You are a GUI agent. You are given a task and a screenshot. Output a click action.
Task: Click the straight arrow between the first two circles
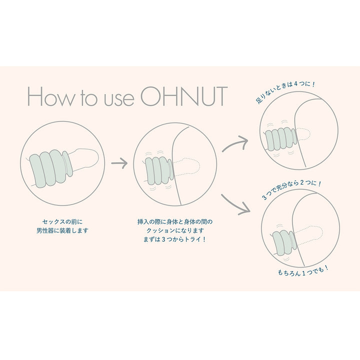click(119, 162)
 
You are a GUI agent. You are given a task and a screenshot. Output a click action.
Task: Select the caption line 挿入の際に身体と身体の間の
click(177, 220)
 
